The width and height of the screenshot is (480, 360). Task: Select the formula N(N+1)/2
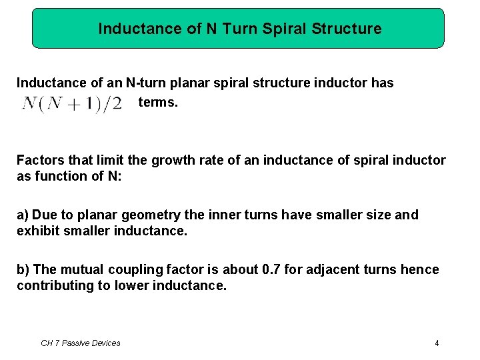click(x=72, y=105)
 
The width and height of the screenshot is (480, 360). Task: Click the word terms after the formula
click(x=158, y=103)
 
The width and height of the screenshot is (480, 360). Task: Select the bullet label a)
click(x=23, y=215)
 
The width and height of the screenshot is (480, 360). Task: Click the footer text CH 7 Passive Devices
click(x=81, y=343)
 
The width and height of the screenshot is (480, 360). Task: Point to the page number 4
click(x=437, y=343)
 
